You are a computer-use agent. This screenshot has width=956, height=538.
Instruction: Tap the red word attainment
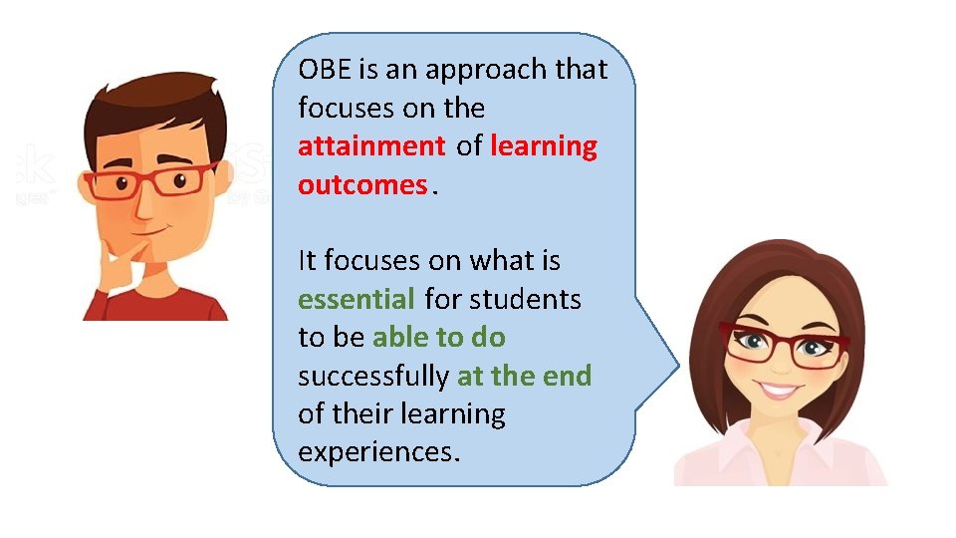click(x=371, y=146)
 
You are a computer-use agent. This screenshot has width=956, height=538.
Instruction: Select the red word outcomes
click(x=361, y=185)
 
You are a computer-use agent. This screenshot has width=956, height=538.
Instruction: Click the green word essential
click(x=357, y=299)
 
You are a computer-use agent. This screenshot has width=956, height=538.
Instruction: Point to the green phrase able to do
click(x=438, y=338)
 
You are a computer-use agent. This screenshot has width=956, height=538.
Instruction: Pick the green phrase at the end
click(x=524, y=376)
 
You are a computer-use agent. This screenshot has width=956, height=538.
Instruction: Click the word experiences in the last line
click(x=378, y=452)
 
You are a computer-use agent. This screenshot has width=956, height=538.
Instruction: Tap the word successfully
click(x=372, y=376)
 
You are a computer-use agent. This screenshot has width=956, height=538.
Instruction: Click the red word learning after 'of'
click(x=544, y=146)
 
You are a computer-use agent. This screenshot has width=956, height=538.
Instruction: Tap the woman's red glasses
click(x=783, y=344)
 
